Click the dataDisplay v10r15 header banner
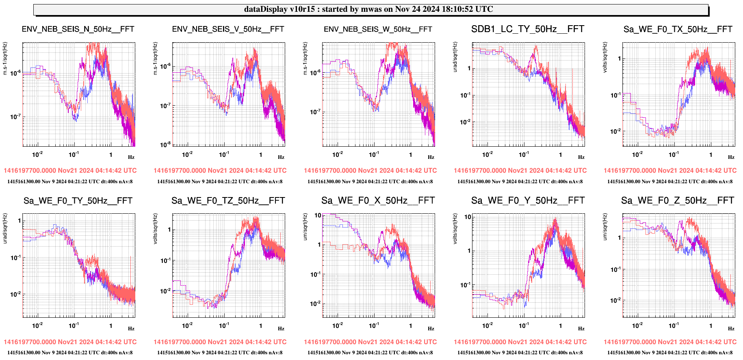371,9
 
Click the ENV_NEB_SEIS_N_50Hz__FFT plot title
78,29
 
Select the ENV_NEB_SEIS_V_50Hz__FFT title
228,29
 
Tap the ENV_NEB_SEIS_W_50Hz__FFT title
378,29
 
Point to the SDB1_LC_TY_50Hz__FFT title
528,29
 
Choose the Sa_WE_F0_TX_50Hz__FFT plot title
678,29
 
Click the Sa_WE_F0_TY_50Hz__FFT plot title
78,201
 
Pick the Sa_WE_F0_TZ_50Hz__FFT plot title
228,201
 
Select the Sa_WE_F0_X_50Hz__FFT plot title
378,201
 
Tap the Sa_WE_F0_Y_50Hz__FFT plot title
528,201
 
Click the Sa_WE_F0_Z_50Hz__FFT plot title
678,201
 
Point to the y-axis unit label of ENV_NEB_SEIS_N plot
5,59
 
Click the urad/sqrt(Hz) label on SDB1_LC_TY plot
455,57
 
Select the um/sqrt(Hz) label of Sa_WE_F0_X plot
305,226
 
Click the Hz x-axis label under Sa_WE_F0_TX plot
731,157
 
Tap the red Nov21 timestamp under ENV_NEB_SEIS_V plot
220,171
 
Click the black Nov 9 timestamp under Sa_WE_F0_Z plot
670,353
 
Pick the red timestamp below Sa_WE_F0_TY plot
70,342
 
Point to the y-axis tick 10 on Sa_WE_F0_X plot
318,215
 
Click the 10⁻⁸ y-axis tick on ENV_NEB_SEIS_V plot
165,145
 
